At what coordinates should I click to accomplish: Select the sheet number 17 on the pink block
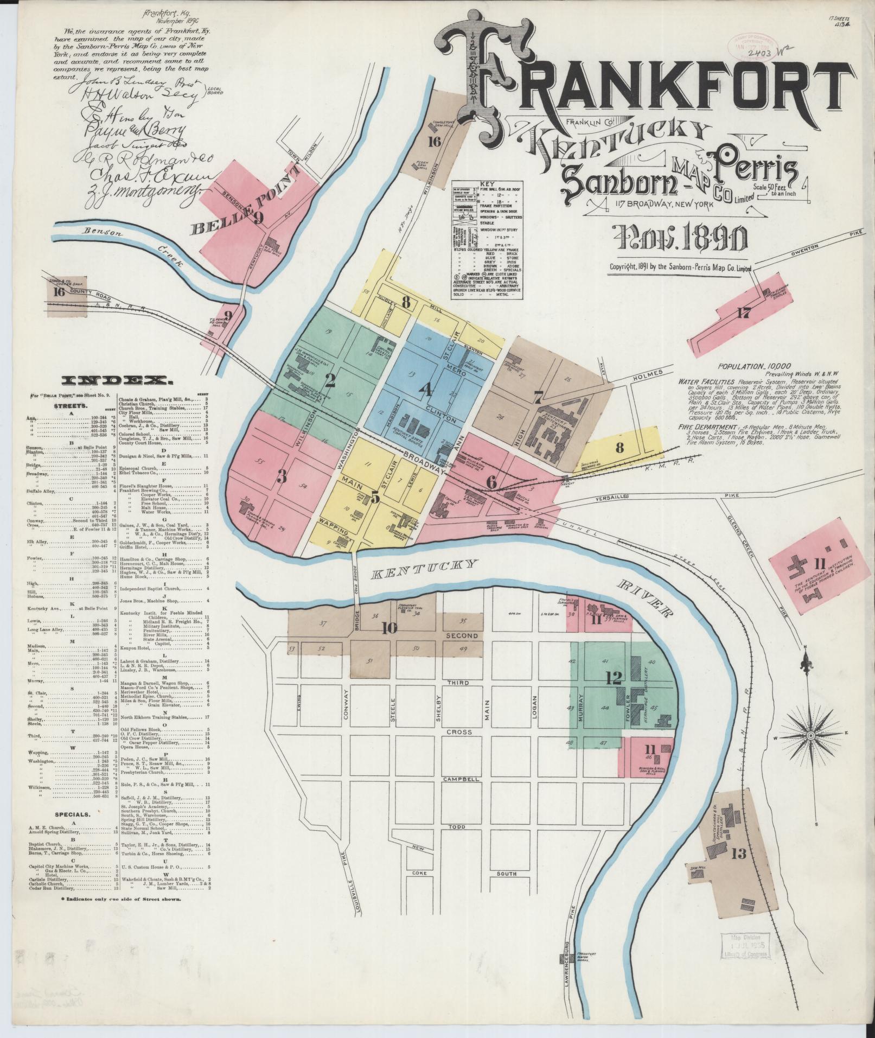tap(744, 313)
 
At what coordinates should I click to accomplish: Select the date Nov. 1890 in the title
tap(679, 238)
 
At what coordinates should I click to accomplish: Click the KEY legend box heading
tap(487, 184)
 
